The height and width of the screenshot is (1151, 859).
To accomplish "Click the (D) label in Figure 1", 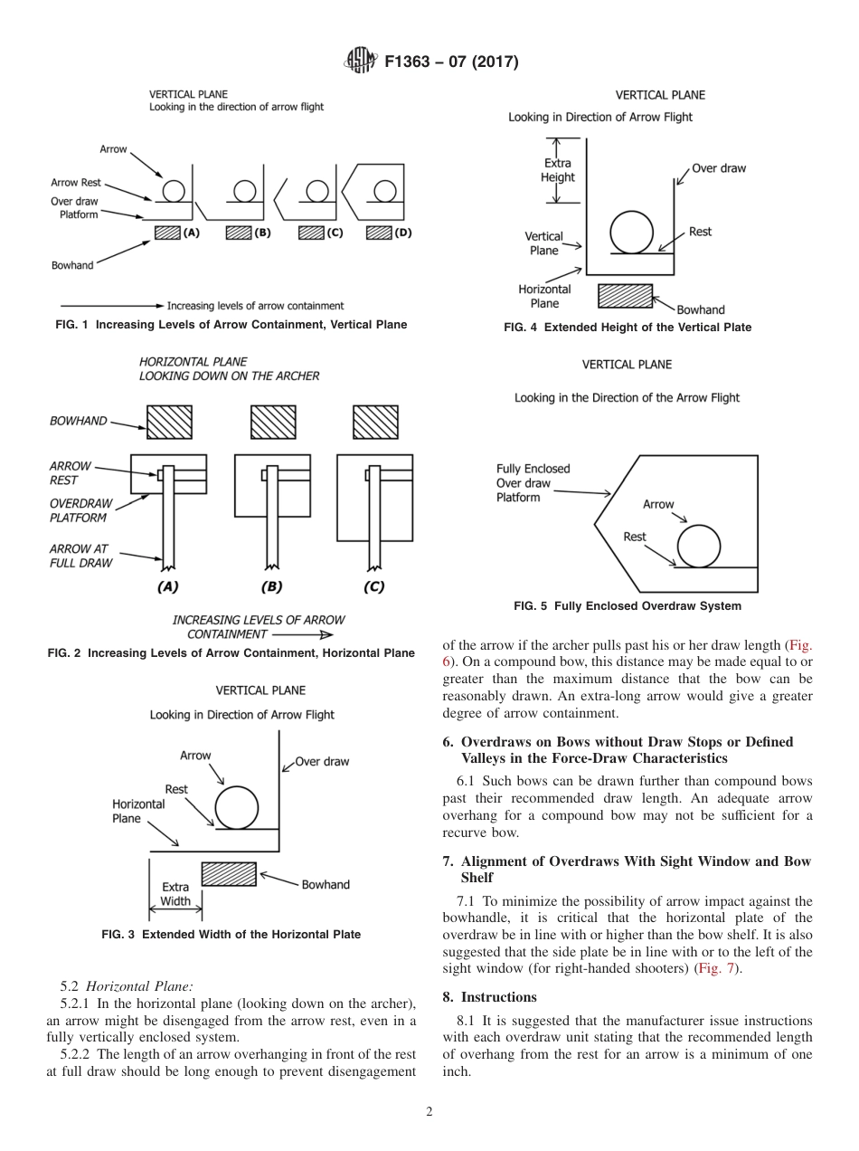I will [403, 233].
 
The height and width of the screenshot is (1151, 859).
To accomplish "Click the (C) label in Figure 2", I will [373, 586].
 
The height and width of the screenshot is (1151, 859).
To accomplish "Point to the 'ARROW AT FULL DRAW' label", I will [80, 556].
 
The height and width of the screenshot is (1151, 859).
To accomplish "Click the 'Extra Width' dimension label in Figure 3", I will [175, 894].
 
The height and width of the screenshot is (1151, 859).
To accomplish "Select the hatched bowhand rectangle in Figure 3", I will [229, 874].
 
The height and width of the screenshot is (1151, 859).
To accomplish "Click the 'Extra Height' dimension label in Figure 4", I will [557, 170].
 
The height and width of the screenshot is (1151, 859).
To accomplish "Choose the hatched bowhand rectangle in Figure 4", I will [625, 296].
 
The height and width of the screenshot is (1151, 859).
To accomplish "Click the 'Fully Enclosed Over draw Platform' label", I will [533, 483].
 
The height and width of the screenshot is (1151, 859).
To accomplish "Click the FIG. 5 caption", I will [627, 606].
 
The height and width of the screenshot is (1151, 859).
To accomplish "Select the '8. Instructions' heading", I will [490, 997].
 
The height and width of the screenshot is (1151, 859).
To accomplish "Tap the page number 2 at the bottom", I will [429, 1112].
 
